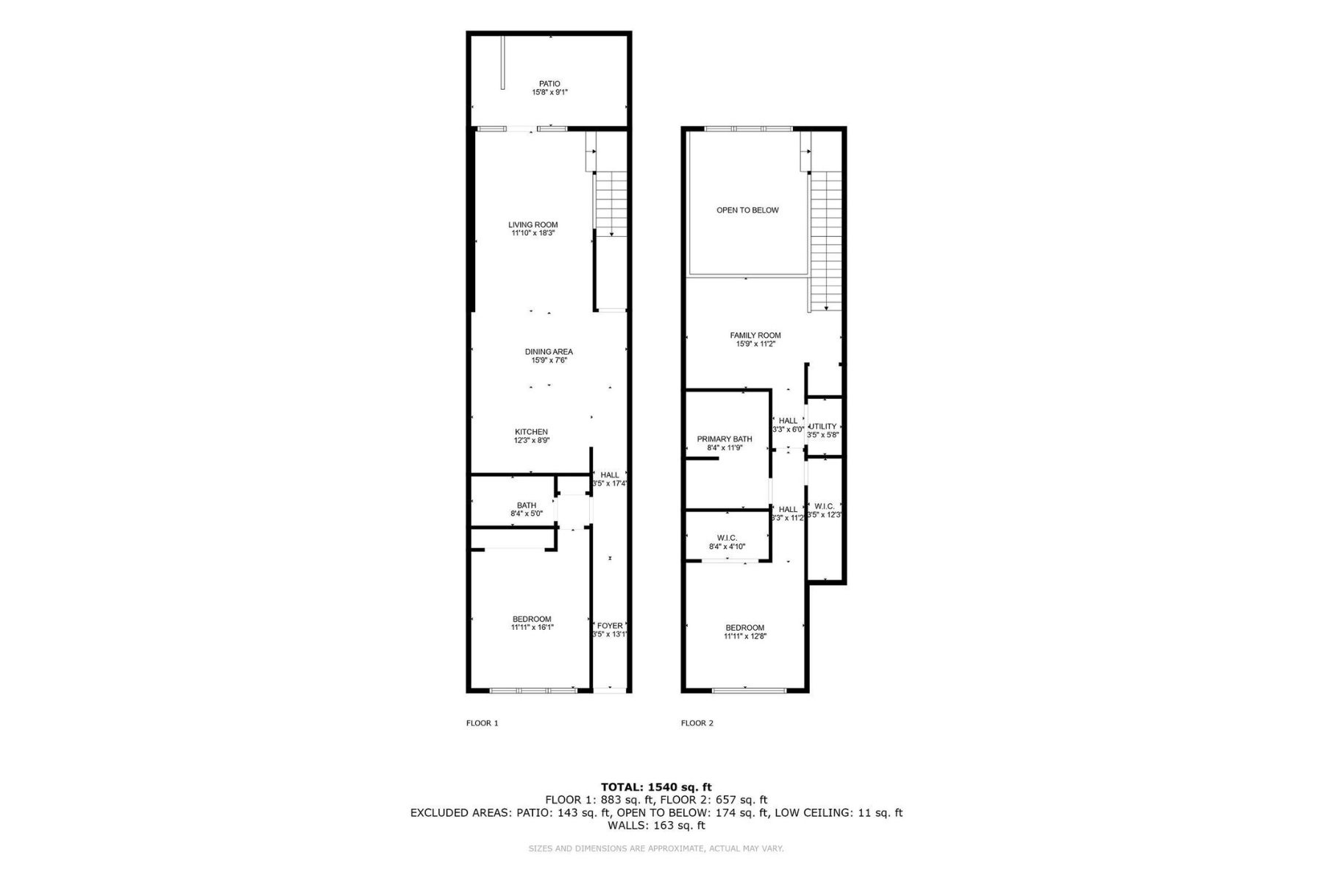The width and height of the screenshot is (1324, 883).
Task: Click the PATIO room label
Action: click(x=549, y=84)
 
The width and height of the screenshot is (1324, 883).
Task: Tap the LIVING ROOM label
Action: click(x=533, y=225)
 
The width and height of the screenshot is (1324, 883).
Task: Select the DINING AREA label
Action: click(x=549, y=352)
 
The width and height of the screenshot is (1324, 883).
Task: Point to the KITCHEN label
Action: click(x=531, y=432)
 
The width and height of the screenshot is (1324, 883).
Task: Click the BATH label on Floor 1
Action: click(x=527, y=506)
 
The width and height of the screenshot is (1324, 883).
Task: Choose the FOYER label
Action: click(x=610, y=625)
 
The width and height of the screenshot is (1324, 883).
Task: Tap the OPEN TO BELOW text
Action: click(x=747, y=210)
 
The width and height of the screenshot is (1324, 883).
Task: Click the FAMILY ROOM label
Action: click(x=755, y=336)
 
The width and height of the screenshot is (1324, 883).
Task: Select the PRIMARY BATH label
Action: click(x=725, y=439)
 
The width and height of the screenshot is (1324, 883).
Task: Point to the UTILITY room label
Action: click(x=823, y=427)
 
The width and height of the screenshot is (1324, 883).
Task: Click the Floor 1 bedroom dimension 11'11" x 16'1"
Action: click(x=533, y=628)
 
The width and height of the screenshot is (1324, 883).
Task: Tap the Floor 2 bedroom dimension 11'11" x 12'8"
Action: click(x=745, y=636)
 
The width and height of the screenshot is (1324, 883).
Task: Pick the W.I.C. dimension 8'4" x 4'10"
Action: click(x=727, y=547)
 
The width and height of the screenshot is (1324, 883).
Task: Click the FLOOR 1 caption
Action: click(x=483, y=723)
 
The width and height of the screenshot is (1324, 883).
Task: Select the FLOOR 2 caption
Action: click(x=697, y=723)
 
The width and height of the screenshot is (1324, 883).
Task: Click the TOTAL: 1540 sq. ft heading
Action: click(x=656, y=787)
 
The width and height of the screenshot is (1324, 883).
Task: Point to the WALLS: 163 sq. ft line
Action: click(x=656, y=826)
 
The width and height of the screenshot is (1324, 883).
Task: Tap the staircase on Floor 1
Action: click(x=611, y=204)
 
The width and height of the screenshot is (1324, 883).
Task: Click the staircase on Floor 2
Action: click(x=825, y=241)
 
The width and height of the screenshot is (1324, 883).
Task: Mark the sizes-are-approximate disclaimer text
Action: click(x=656, y=848)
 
